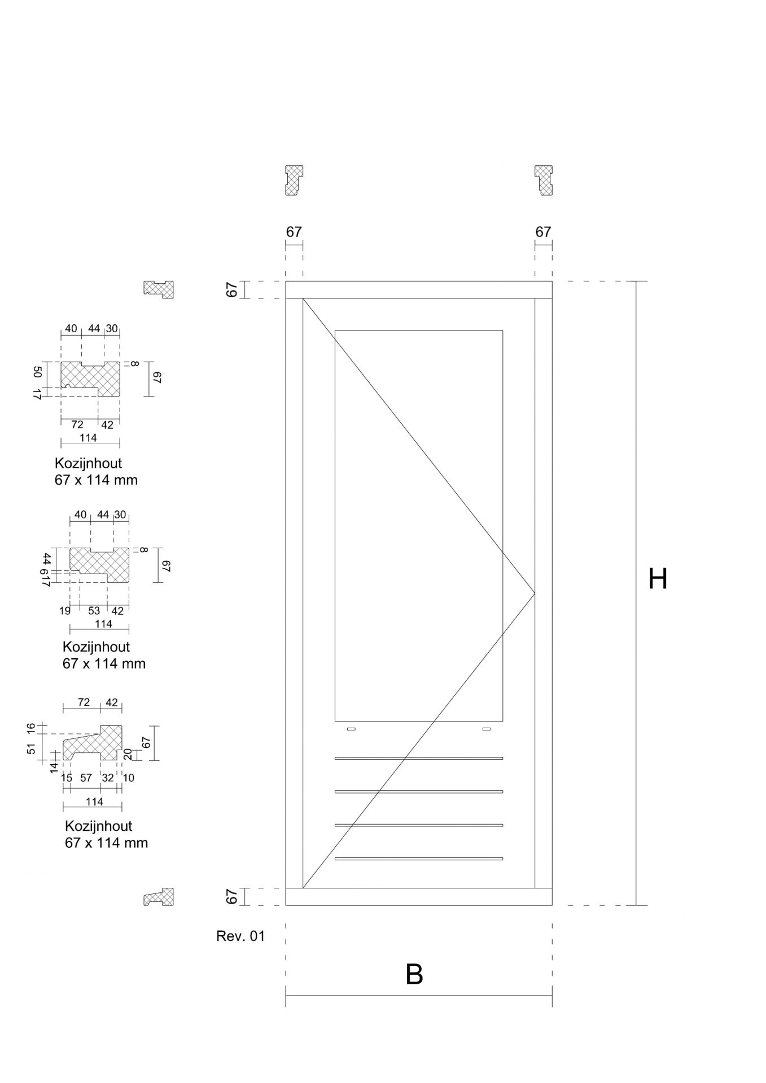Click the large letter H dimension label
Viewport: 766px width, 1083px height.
tap(658, 579)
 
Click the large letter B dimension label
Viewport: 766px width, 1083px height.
tap(414, 974)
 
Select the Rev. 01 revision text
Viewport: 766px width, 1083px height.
tap(240, 936)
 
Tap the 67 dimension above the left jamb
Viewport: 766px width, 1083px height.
tap(294, 232)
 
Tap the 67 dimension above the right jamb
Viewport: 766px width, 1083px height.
tap(543, 232)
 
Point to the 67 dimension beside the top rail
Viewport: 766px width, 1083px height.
tap(231, 289)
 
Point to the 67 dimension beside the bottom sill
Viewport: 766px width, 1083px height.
tap(231, 896)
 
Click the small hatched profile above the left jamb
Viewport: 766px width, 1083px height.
tap(294, 180)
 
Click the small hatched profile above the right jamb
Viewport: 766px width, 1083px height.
tap(544, 180)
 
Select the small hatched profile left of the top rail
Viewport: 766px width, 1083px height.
tap(159, 289)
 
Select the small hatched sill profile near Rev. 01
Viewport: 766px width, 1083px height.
tap(159, 897)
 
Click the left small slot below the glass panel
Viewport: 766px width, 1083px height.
tap(351, 729)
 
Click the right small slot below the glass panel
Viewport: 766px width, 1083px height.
tap(487, 729)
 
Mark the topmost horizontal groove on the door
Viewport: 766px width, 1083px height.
tap(419, 758)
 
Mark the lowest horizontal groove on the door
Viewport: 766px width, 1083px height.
tap(419, 859)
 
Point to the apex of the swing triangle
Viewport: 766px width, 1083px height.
tap(535, 593)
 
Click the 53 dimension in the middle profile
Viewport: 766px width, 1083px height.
tap(94, 611)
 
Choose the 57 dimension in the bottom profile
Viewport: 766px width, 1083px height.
tap(86, 778)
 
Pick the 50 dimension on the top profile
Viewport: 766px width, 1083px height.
tap(38, 372)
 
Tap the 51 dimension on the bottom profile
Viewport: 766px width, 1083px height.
tap(32, 749)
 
